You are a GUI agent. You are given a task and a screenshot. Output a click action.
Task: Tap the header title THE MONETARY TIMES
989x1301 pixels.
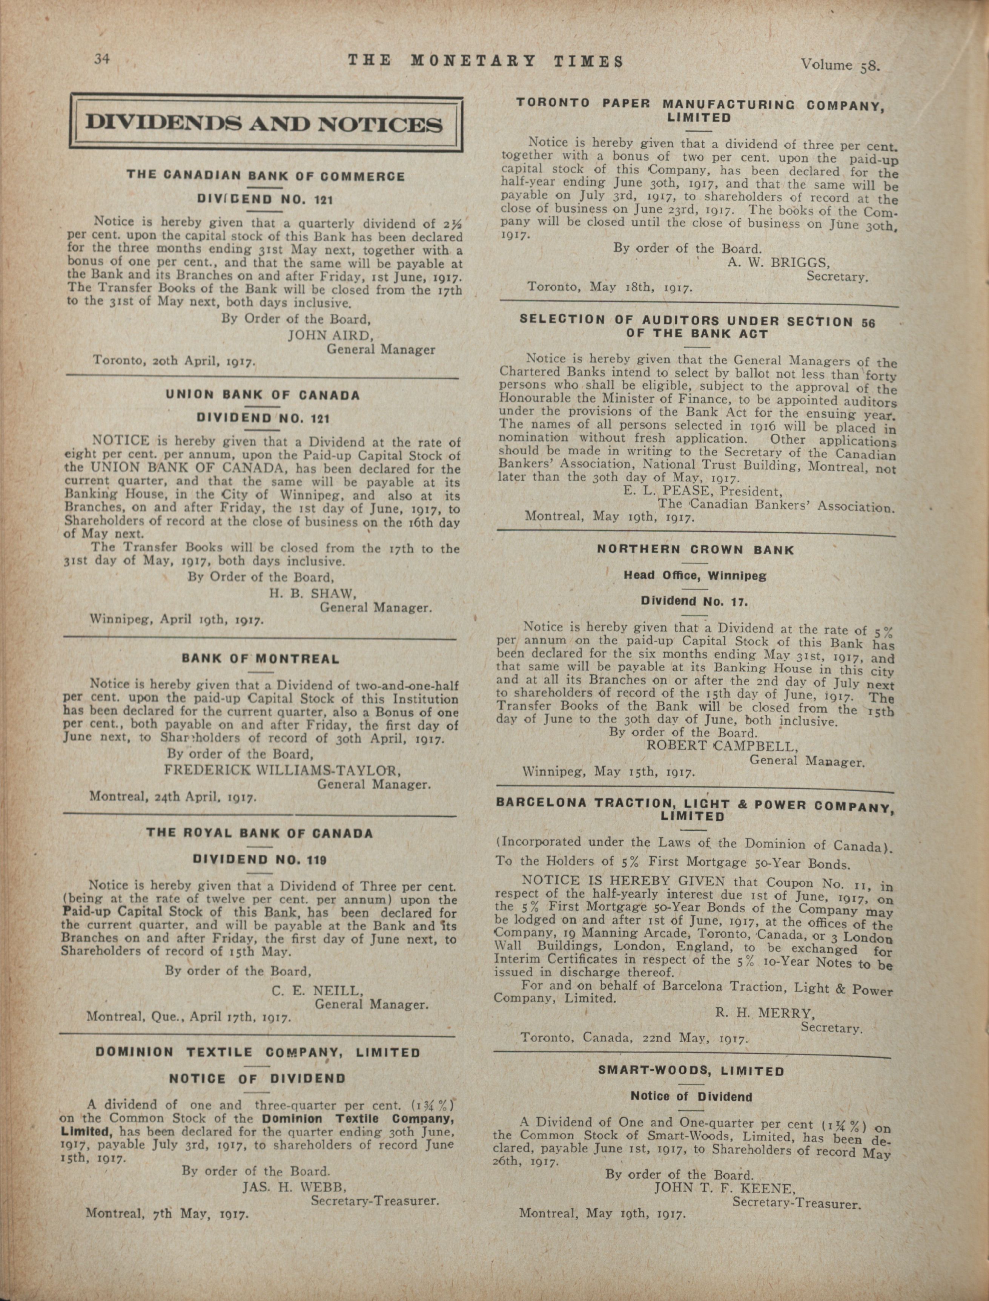486,61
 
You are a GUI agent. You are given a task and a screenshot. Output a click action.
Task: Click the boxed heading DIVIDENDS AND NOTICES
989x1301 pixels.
265,124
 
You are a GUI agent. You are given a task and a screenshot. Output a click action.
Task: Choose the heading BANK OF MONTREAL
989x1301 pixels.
261,659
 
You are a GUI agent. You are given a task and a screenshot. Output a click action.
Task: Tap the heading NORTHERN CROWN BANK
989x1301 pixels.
695,550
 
